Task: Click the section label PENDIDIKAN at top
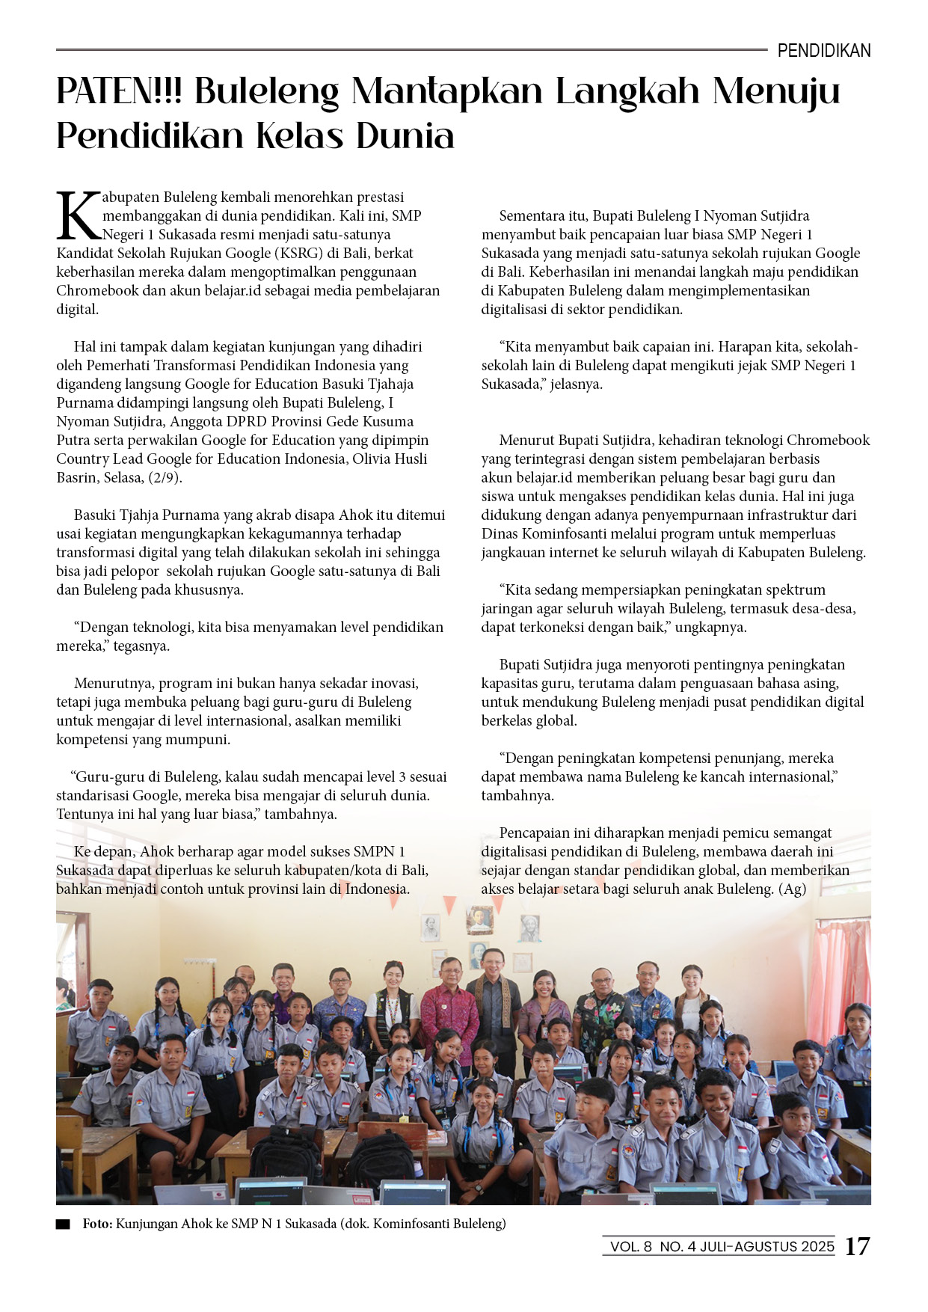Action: (x=823, y=51)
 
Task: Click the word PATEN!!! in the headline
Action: (x=120, y=91)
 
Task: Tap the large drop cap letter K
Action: (x=78, y=216)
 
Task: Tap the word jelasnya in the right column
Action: (x=576, y=384)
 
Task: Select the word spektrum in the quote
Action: (x=796, y=589)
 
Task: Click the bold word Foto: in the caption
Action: (x=97, y=1224)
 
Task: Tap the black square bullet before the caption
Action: (x=63, y=1224)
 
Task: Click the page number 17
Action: (x=857, y=1246)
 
